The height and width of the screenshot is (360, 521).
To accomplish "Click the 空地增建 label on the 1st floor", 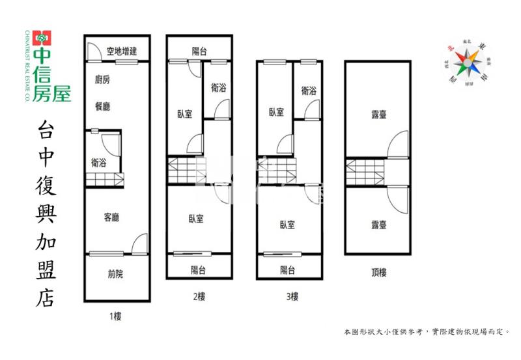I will tap(122, 51).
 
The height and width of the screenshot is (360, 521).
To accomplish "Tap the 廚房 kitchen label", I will tap(102, 80).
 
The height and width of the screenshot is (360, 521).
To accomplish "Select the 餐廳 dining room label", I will tap(102, 105).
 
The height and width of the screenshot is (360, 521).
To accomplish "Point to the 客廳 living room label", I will tap(111, 217).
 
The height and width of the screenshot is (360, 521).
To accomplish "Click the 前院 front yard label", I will tap(115, 274).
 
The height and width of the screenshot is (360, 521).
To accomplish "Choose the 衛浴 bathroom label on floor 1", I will tap(99, 163).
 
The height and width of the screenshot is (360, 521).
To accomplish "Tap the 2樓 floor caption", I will tap(199, 297).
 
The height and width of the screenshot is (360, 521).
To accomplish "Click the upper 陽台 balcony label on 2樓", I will tap(199, 51).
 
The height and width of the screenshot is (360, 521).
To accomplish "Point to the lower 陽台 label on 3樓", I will tap(287, 270).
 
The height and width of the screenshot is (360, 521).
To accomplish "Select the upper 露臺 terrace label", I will tap(379, 115).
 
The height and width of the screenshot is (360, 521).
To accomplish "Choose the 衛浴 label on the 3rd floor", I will tap(309, 91).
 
